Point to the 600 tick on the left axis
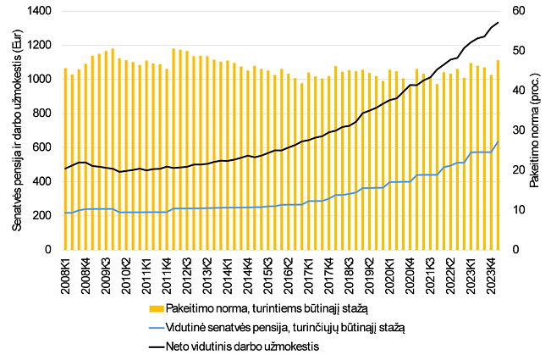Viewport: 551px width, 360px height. (45, 147)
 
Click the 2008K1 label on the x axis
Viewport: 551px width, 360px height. (65, 274)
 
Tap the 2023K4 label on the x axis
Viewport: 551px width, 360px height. (492, 274)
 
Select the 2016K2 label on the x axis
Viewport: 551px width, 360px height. (289, 274)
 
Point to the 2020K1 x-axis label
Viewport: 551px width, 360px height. (390, 274)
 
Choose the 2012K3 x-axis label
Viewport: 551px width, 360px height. (187, 274)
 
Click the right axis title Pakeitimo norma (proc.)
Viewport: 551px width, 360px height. (535, 131)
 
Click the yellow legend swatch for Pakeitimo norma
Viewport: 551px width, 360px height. (152, 309)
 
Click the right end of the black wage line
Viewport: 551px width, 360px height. (499, 22)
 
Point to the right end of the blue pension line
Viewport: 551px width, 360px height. (499, 141)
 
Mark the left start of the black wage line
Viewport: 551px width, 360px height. (65, 169)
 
